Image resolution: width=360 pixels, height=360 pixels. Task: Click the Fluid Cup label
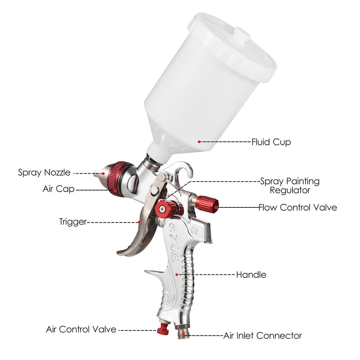[x=271, y=142]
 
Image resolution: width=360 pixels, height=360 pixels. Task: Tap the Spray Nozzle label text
[x=44, y=173]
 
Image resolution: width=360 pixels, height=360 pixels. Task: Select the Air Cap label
[x=59, y=189]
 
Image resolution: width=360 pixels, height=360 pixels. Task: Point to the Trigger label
[x=73, y=222]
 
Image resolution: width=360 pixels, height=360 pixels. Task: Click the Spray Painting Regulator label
[x=290, y=186]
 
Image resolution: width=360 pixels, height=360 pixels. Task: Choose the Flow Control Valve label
[x=298, y=207]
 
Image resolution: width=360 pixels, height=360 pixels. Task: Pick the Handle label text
[x=251, y=275]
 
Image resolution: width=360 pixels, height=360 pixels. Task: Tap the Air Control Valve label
[x=81, y=329]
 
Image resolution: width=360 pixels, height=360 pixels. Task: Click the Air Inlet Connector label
[x=263, y=335]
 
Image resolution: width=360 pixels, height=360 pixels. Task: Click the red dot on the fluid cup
[x=199, y=142]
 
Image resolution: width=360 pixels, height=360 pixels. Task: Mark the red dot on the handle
[x=176, y=274]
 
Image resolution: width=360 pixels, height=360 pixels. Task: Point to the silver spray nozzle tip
[x=99, y=173]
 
